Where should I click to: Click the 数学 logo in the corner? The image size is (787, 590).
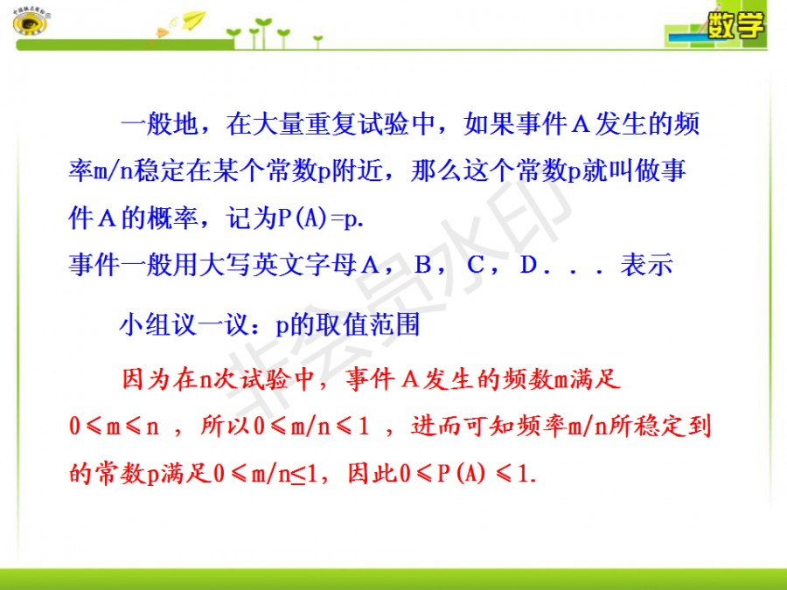(735, 25)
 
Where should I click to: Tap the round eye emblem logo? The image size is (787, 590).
(30, 21)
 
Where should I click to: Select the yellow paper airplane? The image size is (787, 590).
(193, 20)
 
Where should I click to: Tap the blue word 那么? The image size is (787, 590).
(436, 170)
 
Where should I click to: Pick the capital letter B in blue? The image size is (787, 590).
(423, 264)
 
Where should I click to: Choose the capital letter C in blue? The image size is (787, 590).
(476, 264)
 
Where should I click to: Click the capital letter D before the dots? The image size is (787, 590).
(528, 264)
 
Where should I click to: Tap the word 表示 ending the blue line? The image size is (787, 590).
(646, 264)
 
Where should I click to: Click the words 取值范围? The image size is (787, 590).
(368, 324)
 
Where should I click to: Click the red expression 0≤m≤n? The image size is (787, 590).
(115, 427)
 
